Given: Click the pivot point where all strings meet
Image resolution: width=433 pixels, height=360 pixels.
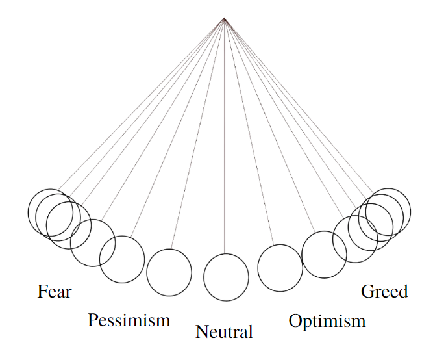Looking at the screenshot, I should (224, 19).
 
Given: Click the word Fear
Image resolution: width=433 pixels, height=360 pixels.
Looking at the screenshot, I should (55, 291).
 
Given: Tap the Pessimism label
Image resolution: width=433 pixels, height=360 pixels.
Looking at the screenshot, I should (129, 320).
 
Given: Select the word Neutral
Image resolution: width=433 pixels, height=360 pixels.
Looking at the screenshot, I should (224, 333).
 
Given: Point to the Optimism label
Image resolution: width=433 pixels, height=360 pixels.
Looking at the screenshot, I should (327, 320).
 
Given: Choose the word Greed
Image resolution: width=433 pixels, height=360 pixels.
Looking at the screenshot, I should (384, 292).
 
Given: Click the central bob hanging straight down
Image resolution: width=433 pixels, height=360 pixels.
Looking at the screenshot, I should (226, 277).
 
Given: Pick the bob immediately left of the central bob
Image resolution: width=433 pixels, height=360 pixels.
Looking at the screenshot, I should (169, 272).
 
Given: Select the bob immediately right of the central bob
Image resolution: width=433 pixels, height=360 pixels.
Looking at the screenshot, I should (280, 267).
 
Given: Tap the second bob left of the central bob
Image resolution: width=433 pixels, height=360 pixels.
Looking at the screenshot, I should (121, 259).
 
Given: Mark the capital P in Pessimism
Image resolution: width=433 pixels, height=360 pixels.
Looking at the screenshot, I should (93, 320).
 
